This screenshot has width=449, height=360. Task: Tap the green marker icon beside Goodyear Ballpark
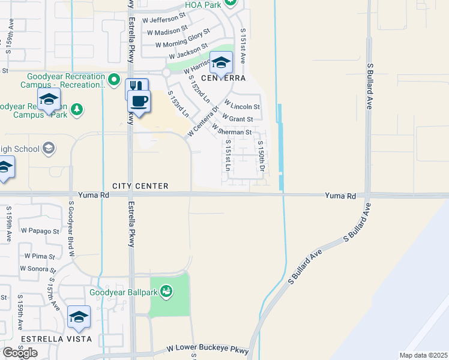tap(166, 292)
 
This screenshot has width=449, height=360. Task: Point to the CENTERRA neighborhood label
tap(224, 79)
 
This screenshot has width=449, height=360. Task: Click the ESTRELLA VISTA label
tap(55, 339)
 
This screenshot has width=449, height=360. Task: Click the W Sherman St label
tap(232, 131)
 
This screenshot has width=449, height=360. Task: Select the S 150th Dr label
tap(262, 155)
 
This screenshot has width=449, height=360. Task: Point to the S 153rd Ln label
tap(178, 104)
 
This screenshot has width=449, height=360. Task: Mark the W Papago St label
tap(40, 230)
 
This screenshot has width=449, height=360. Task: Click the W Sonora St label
tap(38, 269)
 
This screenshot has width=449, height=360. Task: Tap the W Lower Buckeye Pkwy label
tap(207, 349)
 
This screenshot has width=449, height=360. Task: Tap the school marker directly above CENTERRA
tap(221, 61)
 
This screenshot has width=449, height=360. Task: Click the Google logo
tap(20, 353)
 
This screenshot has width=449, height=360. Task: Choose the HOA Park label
tap(203, 5)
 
